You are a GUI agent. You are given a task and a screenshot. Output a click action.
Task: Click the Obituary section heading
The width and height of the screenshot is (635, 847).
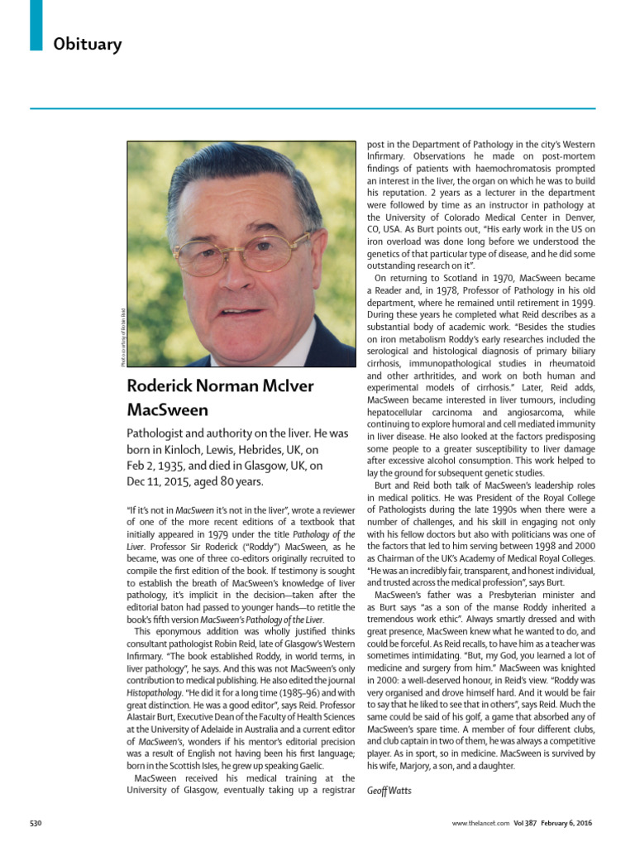(88, 44)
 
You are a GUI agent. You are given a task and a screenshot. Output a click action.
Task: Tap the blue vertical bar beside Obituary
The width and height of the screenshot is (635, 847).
(36, 25)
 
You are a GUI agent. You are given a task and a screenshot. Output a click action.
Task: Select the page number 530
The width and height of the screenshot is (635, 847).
(36, 825)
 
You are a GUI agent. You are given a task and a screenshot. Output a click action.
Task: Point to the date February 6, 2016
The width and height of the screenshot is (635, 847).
(571, 825)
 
